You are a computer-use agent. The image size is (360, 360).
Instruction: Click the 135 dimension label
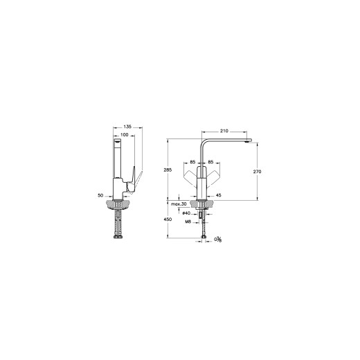click(127, 127)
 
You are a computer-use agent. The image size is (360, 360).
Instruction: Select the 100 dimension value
click(125, 135)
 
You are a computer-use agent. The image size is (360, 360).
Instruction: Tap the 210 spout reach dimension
click(224, 131)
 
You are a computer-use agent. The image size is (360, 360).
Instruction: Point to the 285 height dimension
click(168, 170)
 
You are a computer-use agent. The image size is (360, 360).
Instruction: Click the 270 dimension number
click(257, 172)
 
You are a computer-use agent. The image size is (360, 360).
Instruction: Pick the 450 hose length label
click(168, 219)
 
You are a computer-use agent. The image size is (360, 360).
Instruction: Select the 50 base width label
click(100, 195)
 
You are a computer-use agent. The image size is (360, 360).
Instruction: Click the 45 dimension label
click(218, 195)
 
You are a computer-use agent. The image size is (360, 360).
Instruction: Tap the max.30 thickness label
click(179, 204)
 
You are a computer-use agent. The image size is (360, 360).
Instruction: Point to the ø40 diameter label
click(186, 213)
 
